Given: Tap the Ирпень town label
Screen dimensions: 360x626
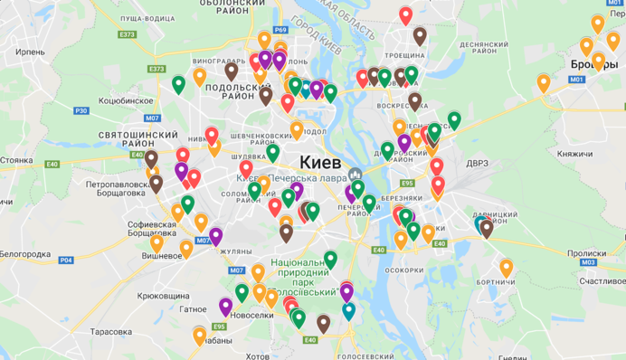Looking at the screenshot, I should (30, 52).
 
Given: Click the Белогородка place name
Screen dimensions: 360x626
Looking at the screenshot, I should (24, 254).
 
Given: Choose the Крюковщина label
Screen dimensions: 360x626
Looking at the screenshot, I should (163, 296).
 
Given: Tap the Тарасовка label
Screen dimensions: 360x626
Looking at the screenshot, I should (111, 331).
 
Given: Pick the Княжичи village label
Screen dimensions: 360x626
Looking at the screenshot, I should (574, 155).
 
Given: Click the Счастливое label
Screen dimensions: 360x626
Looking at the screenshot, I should (601, 280).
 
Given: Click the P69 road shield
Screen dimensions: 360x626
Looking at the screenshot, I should (280, 30).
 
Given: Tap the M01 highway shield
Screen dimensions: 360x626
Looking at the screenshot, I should (576, 81).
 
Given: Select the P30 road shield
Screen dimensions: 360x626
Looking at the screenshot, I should (81, 110).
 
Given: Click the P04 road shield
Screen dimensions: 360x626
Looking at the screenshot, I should (66, 261).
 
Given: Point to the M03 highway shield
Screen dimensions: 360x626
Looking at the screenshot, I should (589, 262).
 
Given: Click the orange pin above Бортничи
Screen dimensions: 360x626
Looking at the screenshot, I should (506, 268).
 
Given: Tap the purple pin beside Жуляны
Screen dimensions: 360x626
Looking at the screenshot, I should (216, 237).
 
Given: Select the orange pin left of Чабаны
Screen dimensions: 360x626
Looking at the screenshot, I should (199, 336).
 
